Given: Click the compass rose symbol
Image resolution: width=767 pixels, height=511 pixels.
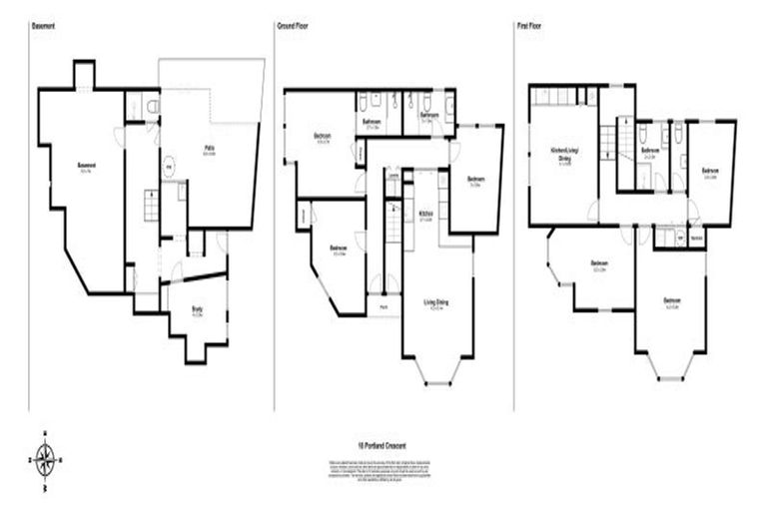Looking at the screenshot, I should point(45,459).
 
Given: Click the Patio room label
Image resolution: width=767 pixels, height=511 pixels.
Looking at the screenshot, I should point(211,151).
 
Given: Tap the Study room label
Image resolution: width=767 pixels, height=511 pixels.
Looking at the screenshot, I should point(198,311).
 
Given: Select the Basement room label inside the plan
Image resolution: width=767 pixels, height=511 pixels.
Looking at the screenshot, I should point(87,167).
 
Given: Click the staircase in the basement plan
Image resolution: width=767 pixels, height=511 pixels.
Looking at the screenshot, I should point(149,206).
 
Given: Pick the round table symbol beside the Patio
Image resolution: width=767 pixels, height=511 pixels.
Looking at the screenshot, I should point(168,167).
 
